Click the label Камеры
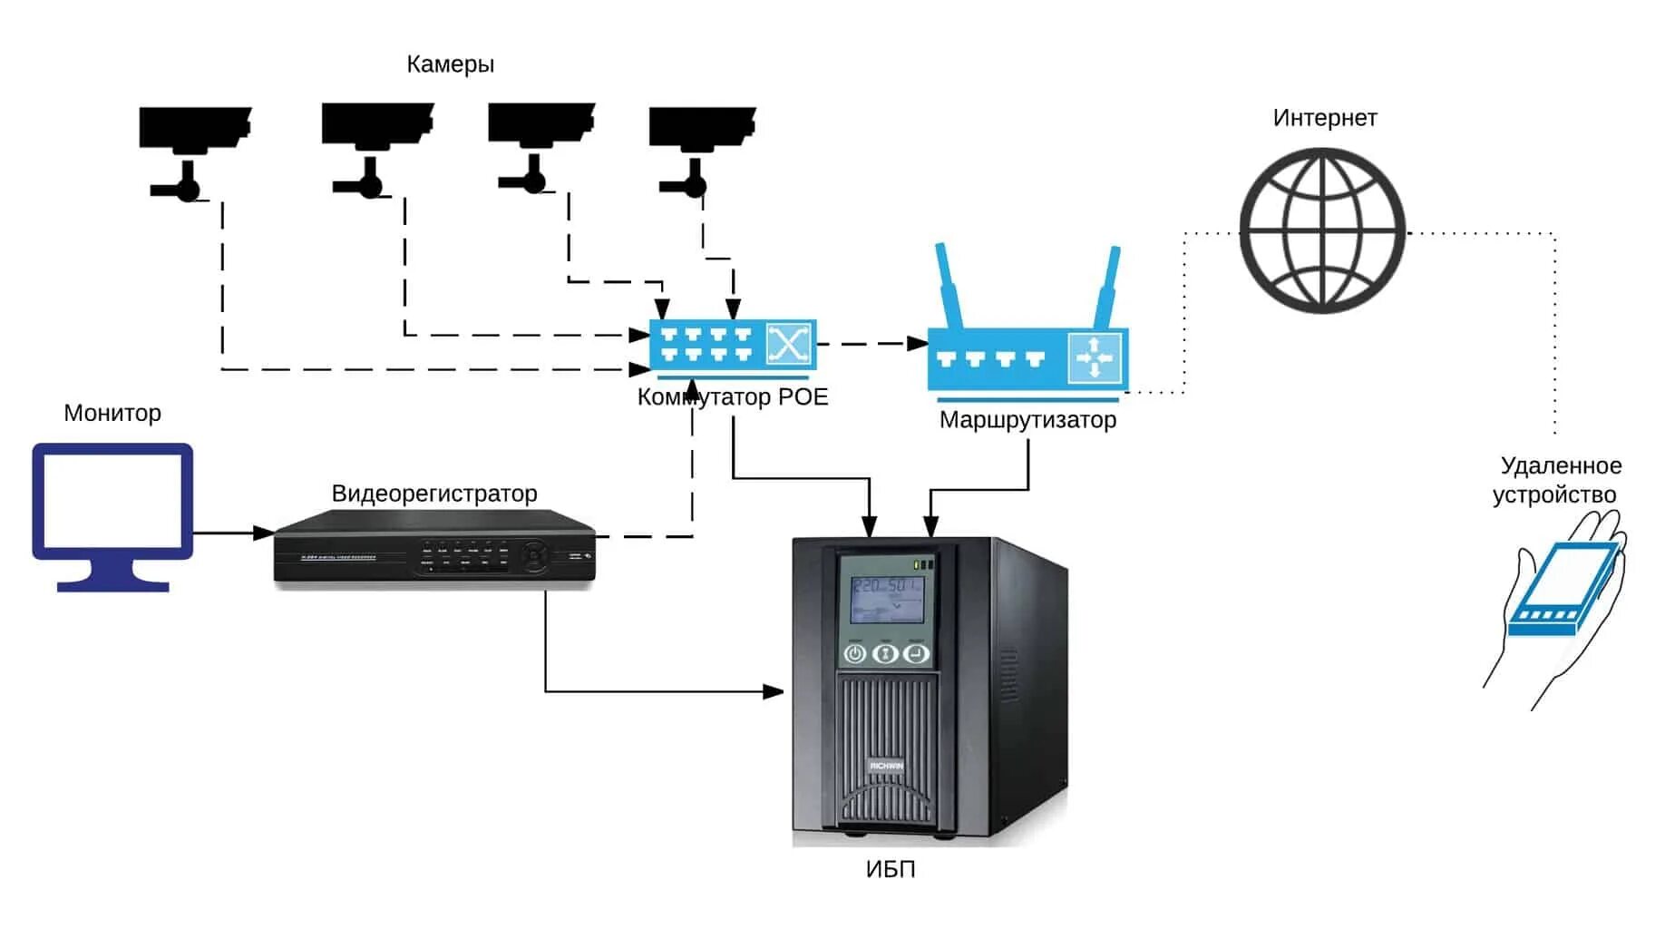point(450,64)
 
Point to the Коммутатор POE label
point(733,397)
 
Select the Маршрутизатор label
point(1027,420)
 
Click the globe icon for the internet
point(1322,230)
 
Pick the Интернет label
point(1324,118)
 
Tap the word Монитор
point(112,413)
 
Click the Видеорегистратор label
point(434,494)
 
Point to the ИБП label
point(891,869)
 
